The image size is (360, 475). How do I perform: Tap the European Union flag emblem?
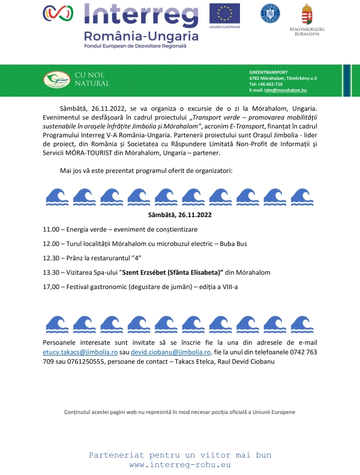[224, 13]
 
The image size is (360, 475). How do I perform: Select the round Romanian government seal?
[270, 13]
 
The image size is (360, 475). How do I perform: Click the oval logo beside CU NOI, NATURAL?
[57, 79]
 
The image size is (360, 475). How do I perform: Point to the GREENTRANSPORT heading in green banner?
[268, 72]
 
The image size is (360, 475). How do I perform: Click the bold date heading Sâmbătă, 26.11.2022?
[179, 214]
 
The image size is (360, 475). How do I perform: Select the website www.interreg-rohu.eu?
[180, 465]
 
